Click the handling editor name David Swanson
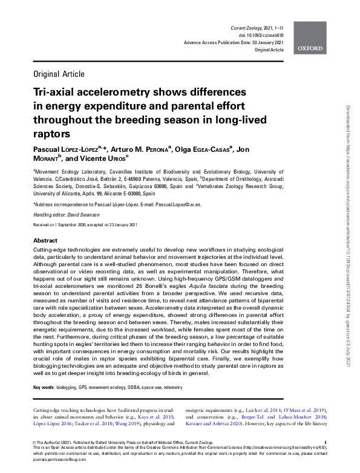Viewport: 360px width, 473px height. [x=82, y=215]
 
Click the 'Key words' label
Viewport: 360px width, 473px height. [x=43, y=386]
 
